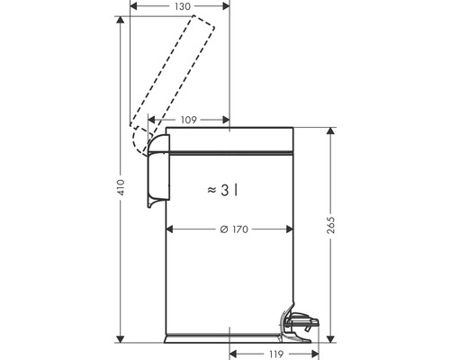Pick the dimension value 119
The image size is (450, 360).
(276, 354)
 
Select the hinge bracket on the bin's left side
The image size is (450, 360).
(155, 171)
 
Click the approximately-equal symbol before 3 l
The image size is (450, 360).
(211, 190)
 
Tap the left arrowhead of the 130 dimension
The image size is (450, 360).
(134, 6)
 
